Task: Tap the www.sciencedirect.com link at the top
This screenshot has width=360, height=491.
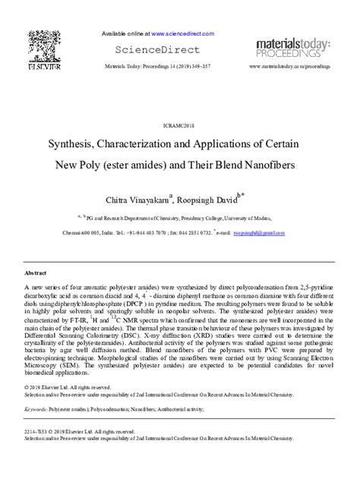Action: (x=178, y=34)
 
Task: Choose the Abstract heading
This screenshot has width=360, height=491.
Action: (x=36, y=271)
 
